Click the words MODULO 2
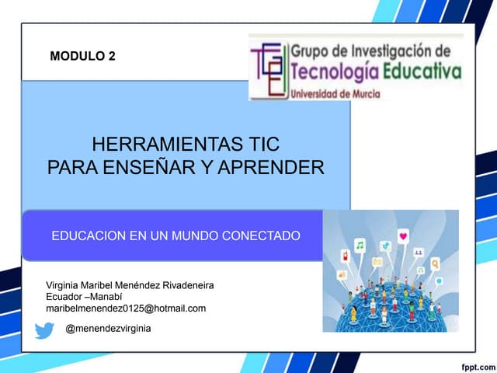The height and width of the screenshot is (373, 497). (x=82, y=56)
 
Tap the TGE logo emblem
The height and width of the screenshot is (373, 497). (x=268, y=68)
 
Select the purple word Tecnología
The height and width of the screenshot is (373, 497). (x=334, y=74)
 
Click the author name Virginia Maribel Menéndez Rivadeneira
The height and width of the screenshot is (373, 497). (x=130, y=286)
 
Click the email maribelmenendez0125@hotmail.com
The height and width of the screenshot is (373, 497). (x=127, y=309)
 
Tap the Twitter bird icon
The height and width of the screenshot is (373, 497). (x=44, y=330)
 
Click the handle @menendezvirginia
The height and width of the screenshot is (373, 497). (x=108, y=329)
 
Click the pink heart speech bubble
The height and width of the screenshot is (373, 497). (x=403, y=235)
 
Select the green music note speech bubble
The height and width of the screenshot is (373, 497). (x=360, y=244)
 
